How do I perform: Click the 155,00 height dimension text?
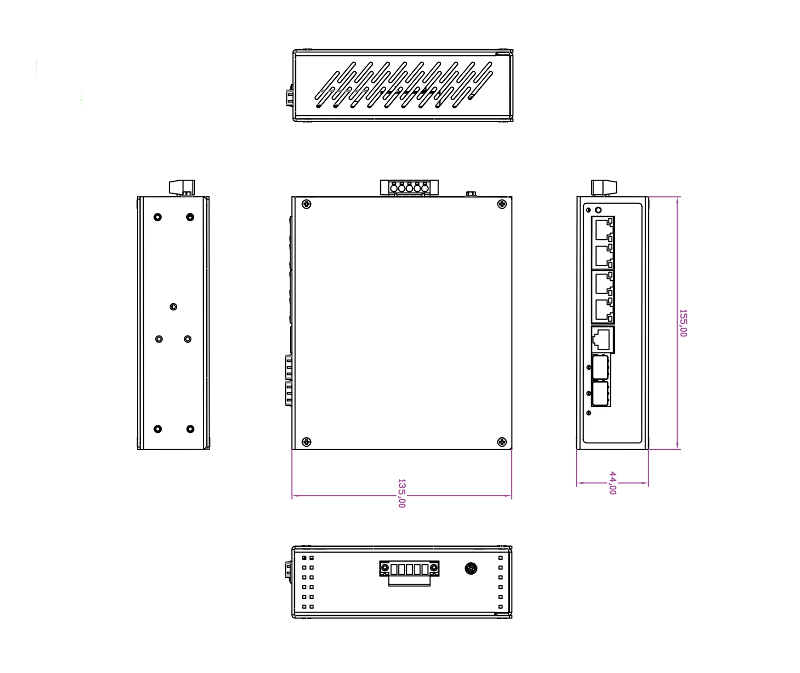tap(683, 323)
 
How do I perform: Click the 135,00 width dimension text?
tap(401, 493)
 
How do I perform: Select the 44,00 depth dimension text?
tap(613, 483)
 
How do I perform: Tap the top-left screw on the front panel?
tap(306, 204)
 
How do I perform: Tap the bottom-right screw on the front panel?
tap(502, 442)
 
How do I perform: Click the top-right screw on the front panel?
tap(502, 204)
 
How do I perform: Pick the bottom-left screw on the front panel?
tap(306, 442)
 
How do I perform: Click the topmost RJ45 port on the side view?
tap(603, 230)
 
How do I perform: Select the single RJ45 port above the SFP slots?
tap(602, 339)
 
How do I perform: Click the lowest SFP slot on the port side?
tap(600, 394)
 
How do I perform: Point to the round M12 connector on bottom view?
tap(471, 568)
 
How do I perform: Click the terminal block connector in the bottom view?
tap(409, 569)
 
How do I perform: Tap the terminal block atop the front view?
tap(409, 188)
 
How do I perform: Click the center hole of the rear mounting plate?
tap(173, 307)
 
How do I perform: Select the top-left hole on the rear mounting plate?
tap(158, 217)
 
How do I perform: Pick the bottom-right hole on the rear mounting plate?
tap(190, 429)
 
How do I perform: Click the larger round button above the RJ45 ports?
tap(598, 210)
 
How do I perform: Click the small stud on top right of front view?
tap(471, 193)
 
